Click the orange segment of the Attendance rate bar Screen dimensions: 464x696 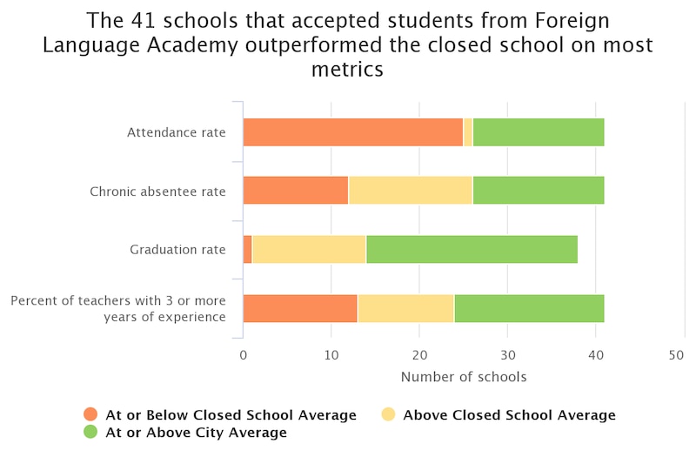point(352,132)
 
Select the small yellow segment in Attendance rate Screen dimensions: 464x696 point(468,132)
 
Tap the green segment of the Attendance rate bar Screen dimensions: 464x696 point(538,132)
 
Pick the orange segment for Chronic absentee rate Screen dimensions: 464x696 point(295,191)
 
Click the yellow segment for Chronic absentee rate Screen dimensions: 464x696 point(410,191)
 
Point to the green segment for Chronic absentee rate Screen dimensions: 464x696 point(538,191)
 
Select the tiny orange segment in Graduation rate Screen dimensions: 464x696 point(247,250)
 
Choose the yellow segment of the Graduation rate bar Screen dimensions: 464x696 point(309,250)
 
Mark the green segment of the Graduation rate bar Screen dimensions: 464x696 point(472,250)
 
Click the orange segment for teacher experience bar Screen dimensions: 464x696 point(299,308)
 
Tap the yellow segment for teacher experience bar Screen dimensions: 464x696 point(405,308)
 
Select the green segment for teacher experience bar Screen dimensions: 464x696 point(529,308)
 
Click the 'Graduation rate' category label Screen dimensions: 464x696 point(177,250)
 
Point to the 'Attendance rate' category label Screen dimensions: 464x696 point(176,132)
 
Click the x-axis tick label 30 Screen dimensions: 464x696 point(507,355)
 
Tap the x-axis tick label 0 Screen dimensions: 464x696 point(243,355)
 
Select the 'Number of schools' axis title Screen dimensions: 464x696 point(463,377)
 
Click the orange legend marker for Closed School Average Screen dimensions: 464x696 point(90,415)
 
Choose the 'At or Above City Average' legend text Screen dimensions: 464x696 point(196,433)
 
